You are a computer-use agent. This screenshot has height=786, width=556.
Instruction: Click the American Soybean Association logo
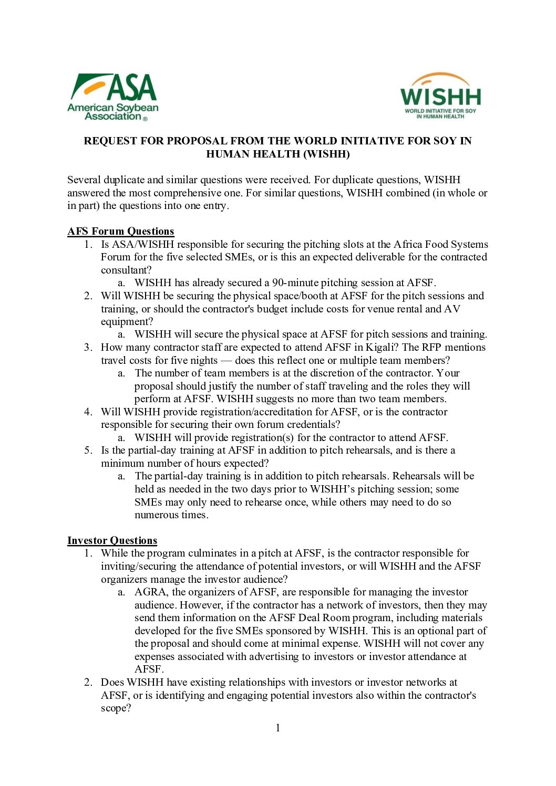[112, 97]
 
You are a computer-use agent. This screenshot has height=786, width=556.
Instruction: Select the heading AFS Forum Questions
[120, 231]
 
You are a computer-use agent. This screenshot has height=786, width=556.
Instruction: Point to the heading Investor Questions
[112, 540]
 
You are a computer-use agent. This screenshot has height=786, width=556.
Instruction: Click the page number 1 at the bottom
[278, 728]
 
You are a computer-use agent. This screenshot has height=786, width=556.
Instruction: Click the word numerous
[156, 515]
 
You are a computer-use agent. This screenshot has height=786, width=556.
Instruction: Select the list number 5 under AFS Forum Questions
[88, 450]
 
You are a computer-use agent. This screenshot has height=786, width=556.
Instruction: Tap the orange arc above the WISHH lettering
[440, 79]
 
